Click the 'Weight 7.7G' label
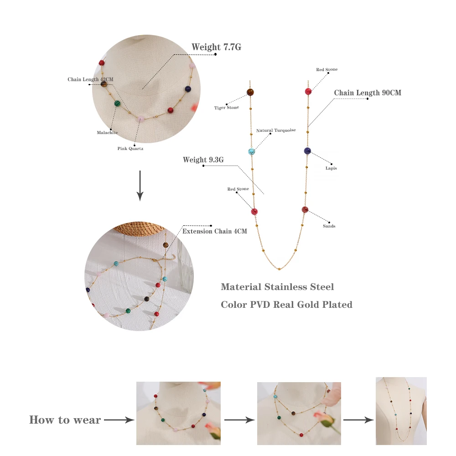[216, 47]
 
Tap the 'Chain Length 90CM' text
[368, 93]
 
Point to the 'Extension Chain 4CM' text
[215, 231]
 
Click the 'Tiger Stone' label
[227, 108]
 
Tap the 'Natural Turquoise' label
[276, 130]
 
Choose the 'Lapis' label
[332, 168]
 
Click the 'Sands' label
[329, 226]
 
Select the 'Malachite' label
[107, 133]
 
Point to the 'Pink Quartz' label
[130, 149]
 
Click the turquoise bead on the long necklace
[251, 151]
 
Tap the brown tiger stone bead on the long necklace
[250, 92]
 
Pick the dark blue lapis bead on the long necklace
[307, 151]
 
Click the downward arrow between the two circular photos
[140, 186]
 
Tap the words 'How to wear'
[65, 420]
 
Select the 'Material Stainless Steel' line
[277, 287]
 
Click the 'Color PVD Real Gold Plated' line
[286, 305]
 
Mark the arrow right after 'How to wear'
[119, 420]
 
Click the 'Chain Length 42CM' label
[90, 79]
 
